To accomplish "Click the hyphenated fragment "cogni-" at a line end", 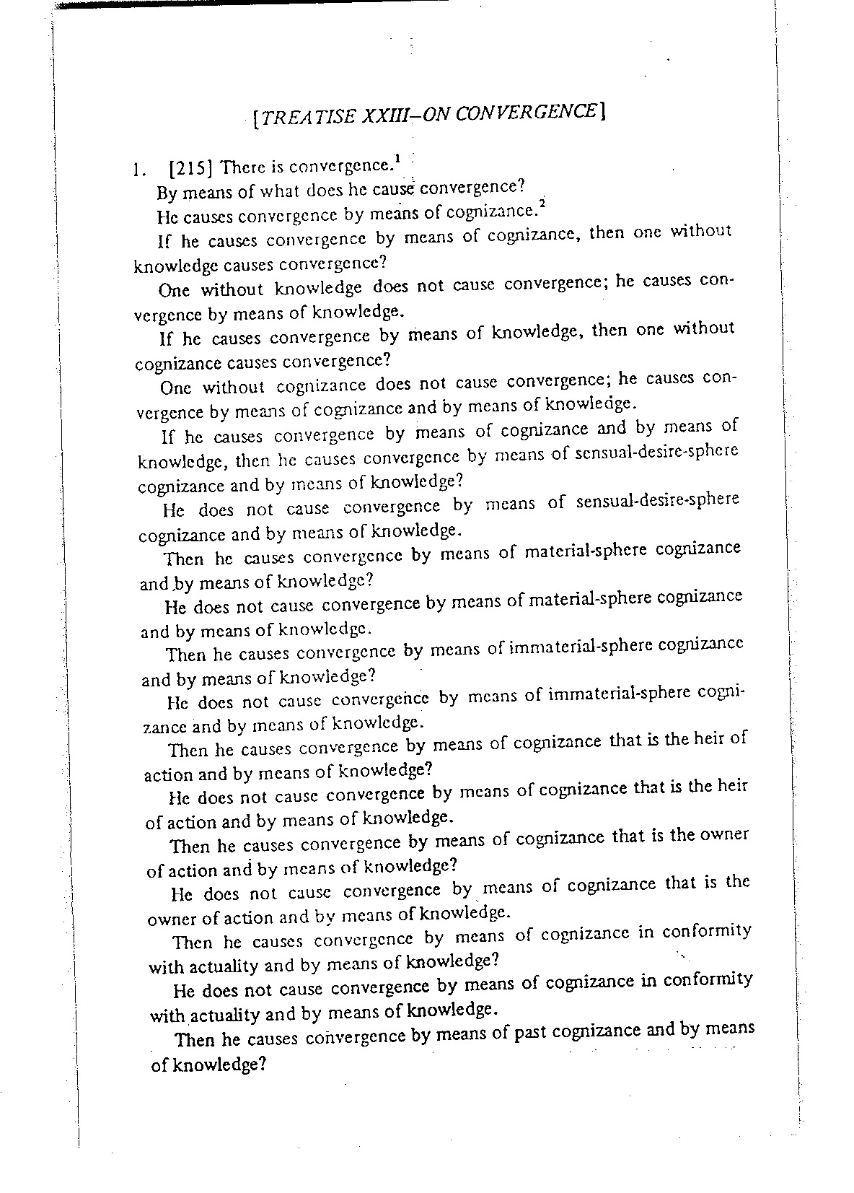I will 721,691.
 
